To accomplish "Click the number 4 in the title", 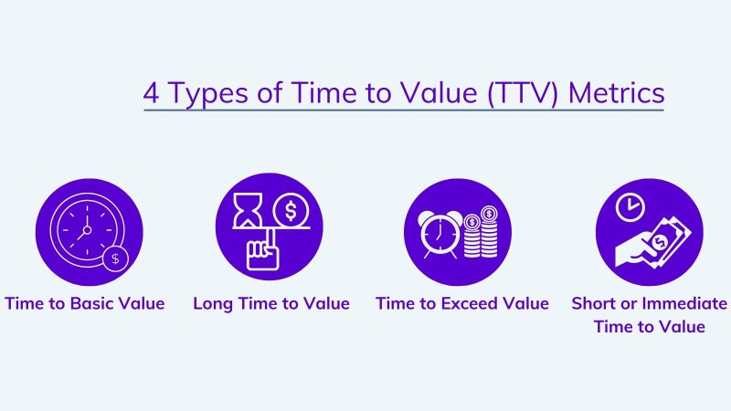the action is pyautogui.click(x=151, y=93).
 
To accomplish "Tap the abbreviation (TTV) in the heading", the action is pyautogui.click(x=522, y=93).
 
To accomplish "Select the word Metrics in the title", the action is pyautogui.click(x=616, y=92).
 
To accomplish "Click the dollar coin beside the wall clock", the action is pyautogui.click(x=116, y=258).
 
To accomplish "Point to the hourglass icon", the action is pyautogui.click(x=248, y=210).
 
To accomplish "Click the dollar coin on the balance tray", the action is pyautogui.click(x=291, y=210).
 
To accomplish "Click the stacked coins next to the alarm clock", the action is pyautogui.click(x=481, y=232).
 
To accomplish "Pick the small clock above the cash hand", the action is pyautogui.click(x=630, y=207).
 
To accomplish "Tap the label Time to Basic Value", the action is pyautogui.click(x=85, y=303).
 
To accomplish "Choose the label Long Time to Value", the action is pyautogui.click(x=271, y=304).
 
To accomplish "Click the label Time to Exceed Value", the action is pyautogui.click(x=462, y=303).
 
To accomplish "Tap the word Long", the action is pyautogui.click(x=213, y=304).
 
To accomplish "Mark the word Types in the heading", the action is pyautogui.click(x=208, y=94).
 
